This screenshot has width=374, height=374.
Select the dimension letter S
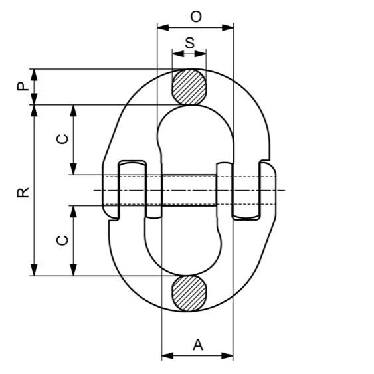click(189, 42)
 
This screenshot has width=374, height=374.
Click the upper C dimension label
click(62, 139)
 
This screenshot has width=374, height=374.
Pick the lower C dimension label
click(62, 240)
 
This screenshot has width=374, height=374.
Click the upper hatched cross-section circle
click(189, 86)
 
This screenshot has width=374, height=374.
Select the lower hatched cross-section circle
click(189, 293)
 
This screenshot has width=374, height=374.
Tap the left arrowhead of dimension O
click(161, 28)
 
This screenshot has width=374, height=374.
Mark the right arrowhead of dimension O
click(230, 28)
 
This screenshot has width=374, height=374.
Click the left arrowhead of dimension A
click(166, 355)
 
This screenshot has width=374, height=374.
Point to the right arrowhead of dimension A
click(229, 355)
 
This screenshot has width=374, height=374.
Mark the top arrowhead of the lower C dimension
click(74, 210)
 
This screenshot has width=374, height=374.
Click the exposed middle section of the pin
click(189, 190)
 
